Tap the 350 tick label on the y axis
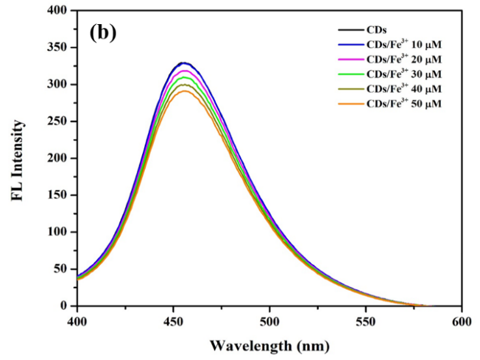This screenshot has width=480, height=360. coord(59,48)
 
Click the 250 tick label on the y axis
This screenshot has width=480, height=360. coord(59,121)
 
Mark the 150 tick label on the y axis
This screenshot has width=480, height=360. coord(59,195)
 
